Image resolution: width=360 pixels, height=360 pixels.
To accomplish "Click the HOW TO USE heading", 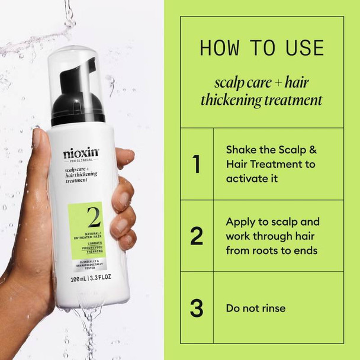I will [261, 47].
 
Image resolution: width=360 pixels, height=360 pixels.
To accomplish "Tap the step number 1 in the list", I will [197, 165].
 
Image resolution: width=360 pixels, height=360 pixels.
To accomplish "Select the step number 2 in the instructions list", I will [197, 236].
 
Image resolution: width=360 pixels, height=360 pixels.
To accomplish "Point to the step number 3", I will [197, 308].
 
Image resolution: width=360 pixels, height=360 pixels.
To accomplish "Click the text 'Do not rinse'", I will [256, 308].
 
